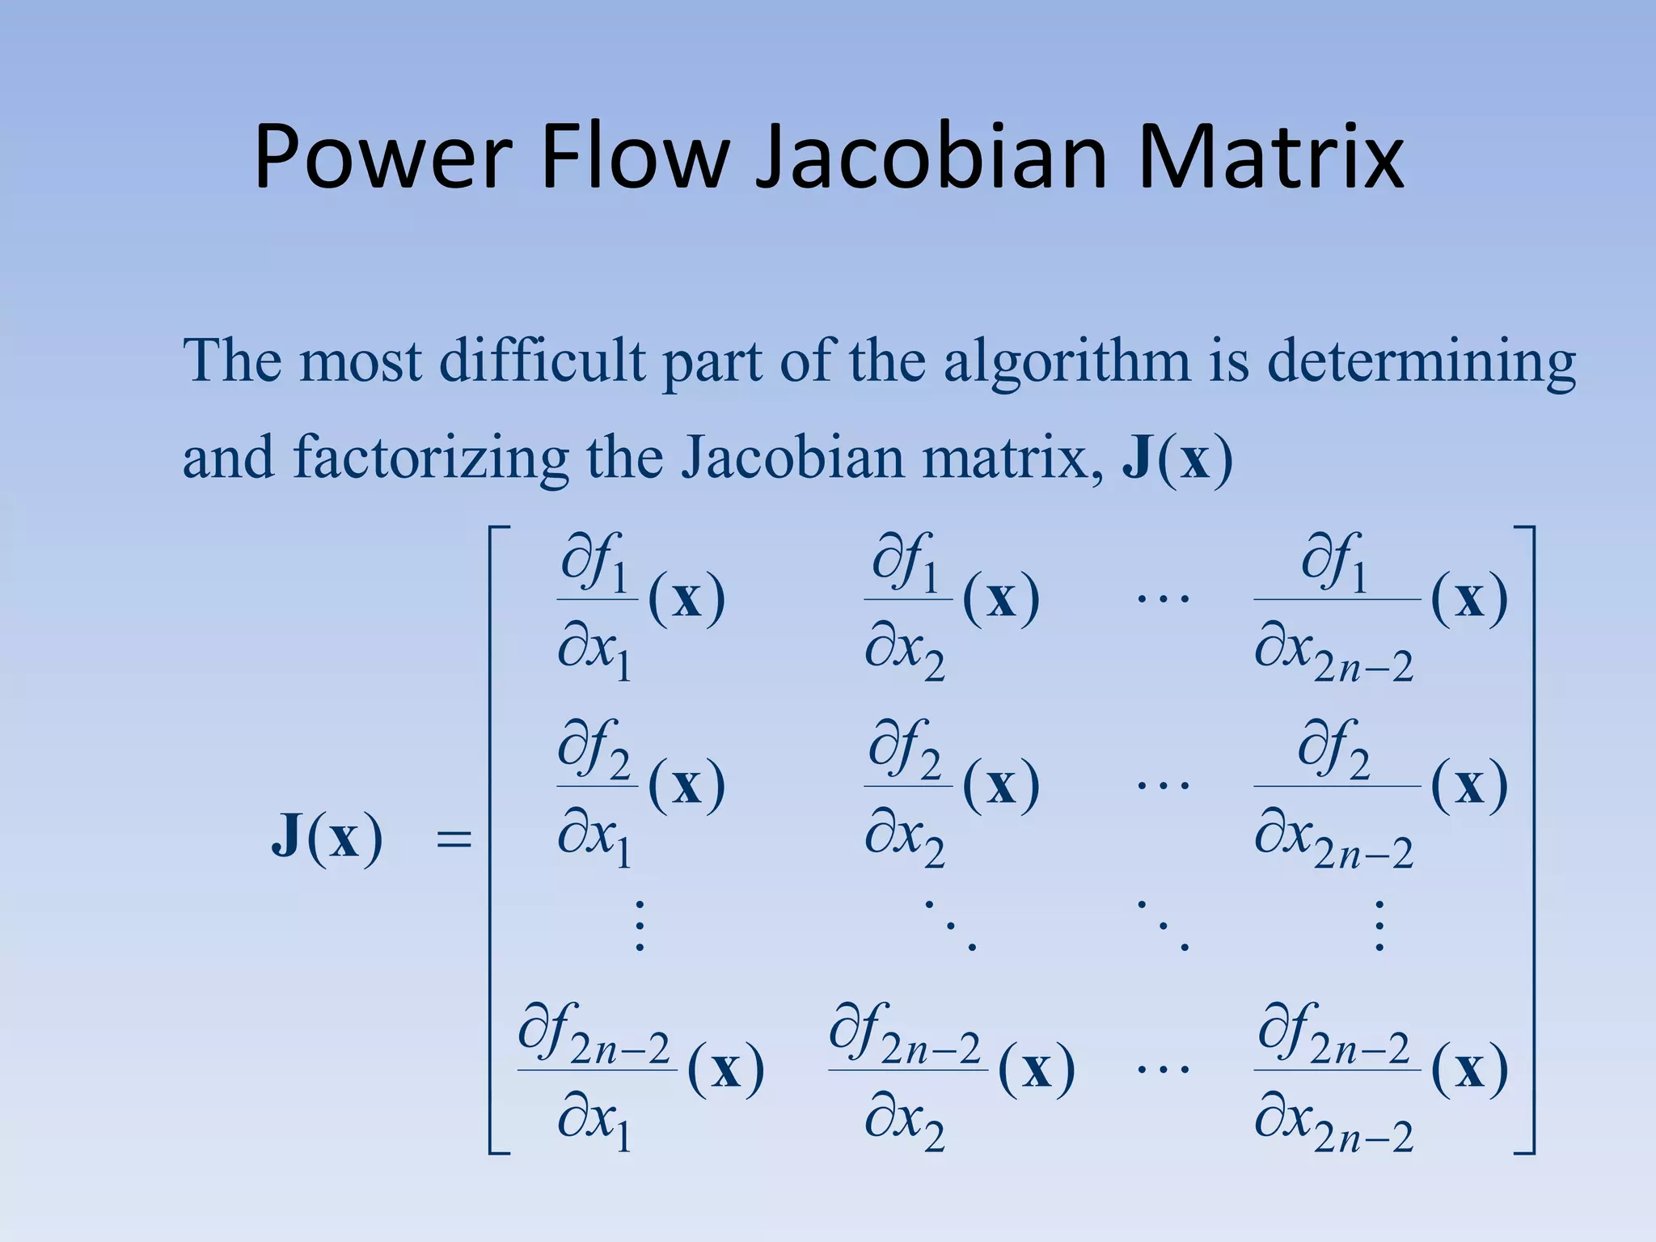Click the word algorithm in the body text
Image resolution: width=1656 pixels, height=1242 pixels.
(x=1067, y=361)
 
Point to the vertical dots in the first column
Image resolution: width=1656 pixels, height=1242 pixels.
(x=640, y=925)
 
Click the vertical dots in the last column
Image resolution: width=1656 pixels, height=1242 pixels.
(x=1379, y=925)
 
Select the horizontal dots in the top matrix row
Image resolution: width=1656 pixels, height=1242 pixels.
(x=1163, y=599)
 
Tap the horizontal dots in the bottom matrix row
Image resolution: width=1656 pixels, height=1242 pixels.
(x=1163, y=1069)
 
